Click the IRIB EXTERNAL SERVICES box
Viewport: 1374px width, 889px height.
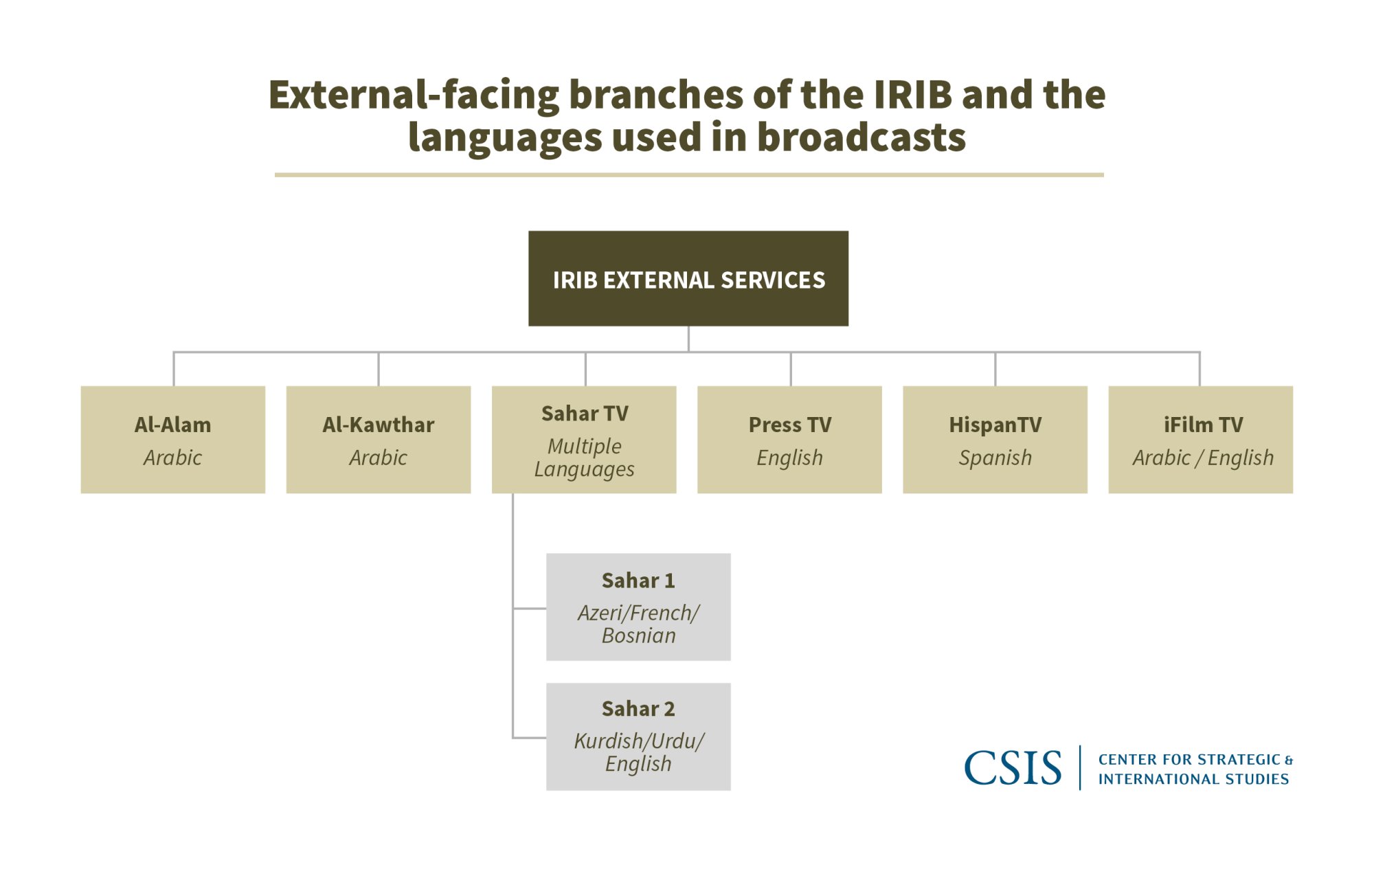tap(688, 278)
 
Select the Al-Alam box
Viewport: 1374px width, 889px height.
tap(173, 439)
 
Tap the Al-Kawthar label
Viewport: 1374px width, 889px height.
tap(379, 425)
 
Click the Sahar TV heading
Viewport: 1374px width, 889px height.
tap(585, 414)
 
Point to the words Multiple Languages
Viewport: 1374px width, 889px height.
tap(585, 458)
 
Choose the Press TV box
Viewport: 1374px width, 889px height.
tap(789, 439)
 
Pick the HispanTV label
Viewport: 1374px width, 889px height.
tap(995, 425)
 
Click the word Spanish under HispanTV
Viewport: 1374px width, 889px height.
tap(995, 458)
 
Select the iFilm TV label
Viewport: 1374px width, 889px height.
tap(1203, 425)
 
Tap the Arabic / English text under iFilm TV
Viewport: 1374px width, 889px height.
tap(1203, 458)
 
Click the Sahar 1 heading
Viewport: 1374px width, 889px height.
tap(638, 581)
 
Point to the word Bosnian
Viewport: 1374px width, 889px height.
tap(638, 635)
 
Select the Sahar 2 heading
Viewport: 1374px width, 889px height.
tap(638, 708)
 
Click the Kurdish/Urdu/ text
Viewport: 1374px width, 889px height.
tap(638, 741)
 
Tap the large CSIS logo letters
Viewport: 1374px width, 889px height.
tap(1013, 767)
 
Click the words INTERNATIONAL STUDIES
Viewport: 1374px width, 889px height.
tap(1193, 779)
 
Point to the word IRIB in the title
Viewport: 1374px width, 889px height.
tap(913, 94)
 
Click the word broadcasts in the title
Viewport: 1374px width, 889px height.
tap(861, 137)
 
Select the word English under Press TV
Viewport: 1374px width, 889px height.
tap(789, 458)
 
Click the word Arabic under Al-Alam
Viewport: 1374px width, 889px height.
tap(173, 458)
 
